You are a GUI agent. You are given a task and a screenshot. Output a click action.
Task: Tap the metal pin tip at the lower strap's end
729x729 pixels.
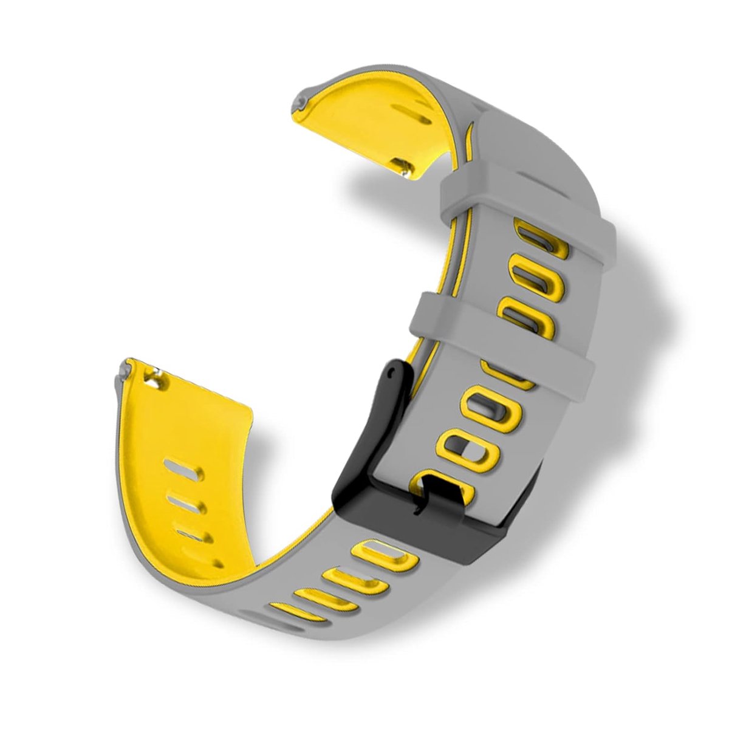pos(125,368)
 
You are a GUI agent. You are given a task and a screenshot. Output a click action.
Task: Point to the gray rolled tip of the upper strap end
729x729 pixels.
pos(303,98)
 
